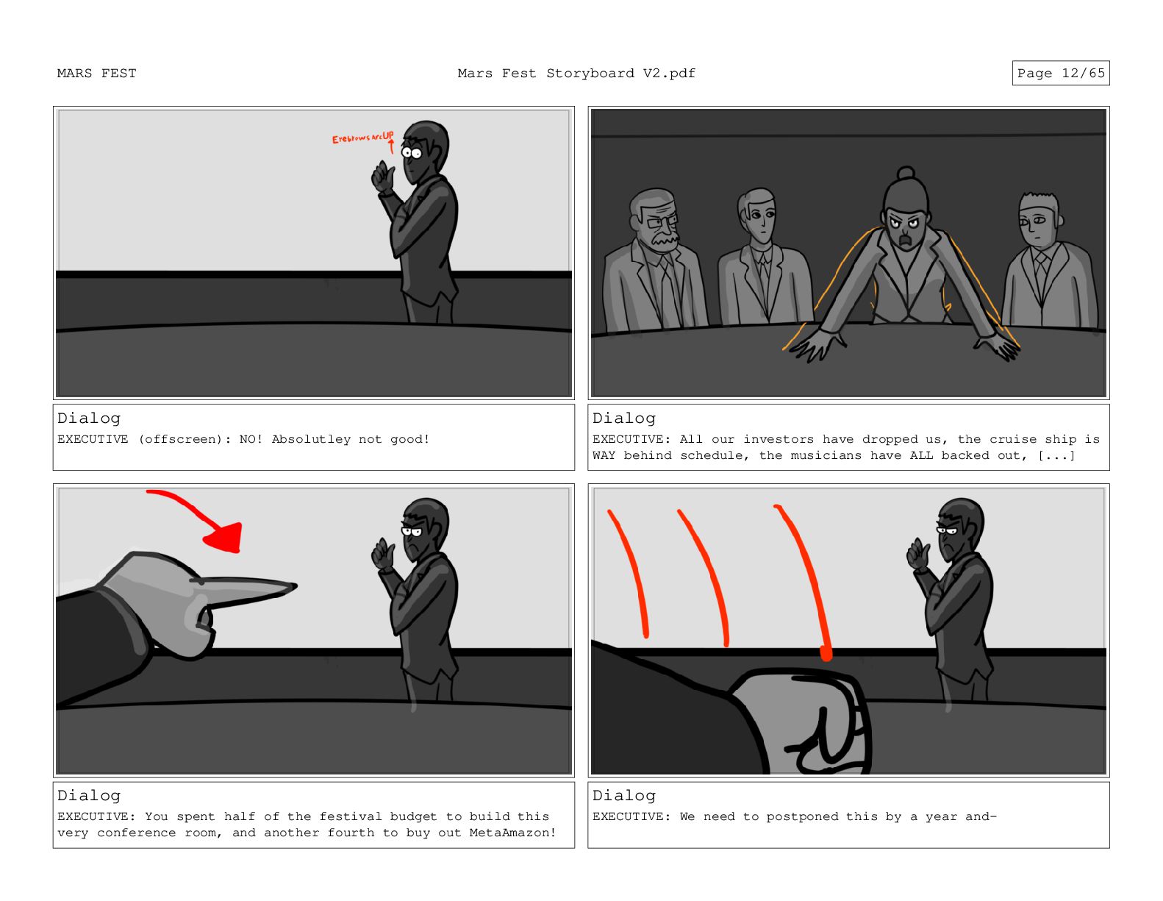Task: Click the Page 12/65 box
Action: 1060,73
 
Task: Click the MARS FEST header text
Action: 96,74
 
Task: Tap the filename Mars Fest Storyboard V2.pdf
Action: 576,74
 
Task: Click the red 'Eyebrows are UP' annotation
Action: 362,138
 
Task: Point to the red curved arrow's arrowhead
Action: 225,538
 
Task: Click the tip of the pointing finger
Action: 296,586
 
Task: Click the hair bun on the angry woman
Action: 905,173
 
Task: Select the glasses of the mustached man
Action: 661,220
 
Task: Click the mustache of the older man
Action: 665,241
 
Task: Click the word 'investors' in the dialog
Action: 779,439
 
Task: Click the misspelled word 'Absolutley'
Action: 311,439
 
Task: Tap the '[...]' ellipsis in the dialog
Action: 1056,455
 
